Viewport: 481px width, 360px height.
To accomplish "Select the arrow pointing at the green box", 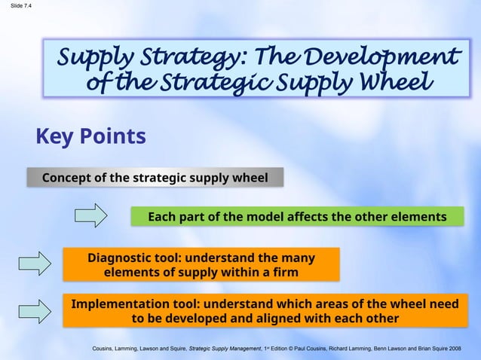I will point(91,215).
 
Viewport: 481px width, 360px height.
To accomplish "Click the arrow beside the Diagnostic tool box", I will point(34,264).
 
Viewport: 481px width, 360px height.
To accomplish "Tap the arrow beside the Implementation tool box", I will point(34,310).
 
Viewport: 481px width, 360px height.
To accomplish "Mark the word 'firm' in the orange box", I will point(283,272).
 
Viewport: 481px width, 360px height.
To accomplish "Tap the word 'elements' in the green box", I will point(418,217).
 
